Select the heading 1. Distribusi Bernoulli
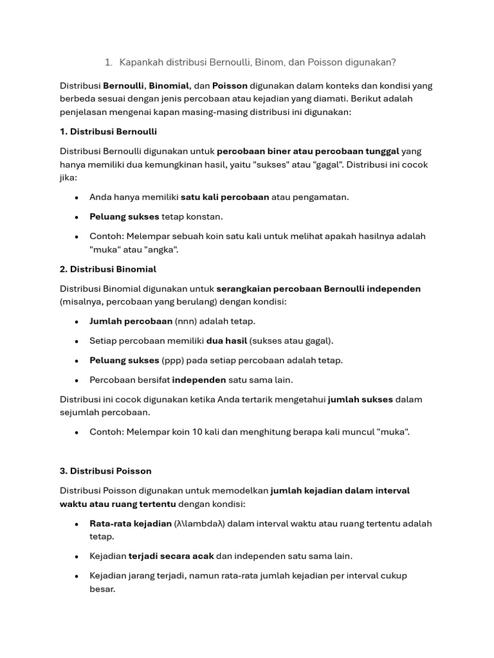(108, 132)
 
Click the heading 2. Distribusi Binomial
(108, 269)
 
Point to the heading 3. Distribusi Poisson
(105, 471)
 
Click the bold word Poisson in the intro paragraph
(230, 85)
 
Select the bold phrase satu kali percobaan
(224, 197)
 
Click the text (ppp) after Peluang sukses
(174, 360)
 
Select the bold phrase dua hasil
(226, 341)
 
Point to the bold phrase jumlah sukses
(360, 400)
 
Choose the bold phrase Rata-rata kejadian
(131, 524)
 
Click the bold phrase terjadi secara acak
(171, 556)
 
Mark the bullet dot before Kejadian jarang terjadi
(77, 576)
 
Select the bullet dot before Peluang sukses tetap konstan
(77, 217)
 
